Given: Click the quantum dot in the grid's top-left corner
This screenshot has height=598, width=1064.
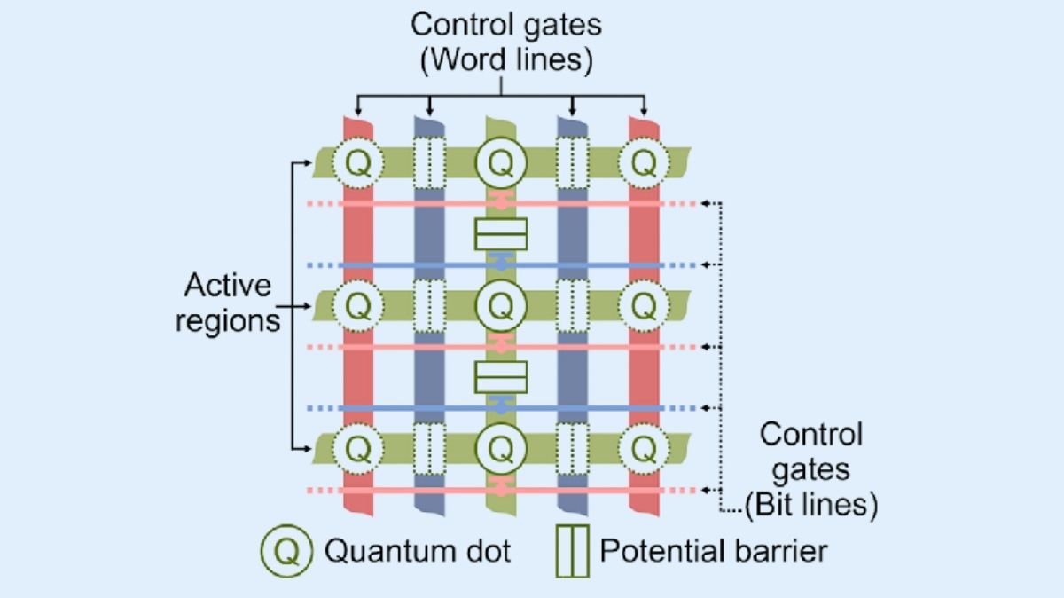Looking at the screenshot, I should click(x=358, y=162).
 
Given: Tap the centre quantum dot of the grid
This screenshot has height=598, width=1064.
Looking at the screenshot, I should click(x=501, y=306).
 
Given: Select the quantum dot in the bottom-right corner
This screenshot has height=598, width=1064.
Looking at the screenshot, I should click(x=644, y=450).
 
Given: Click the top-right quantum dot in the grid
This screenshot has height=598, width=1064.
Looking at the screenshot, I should click(x=644, y=162).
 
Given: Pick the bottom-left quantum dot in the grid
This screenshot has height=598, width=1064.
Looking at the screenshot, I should click(x=358, y=450).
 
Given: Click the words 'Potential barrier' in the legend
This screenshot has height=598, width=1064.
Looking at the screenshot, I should click(x=713, y=551).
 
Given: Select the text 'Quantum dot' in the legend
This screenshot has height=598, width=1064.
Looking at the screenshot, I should click(x=417, y=551).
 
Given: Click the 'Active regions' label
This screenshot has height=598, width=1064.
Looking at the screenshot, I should click(x=227, y=303).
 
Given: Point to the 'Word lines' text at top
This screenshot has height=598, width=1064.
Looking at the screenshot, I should click(x=505, y=59).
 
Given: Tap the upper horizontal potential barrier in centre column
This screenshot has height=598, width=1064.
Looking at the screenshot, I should click(x=501, y=234).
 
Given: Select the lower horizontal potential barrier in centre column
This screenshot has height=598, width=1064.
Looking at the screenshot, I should click(x=501, y=376).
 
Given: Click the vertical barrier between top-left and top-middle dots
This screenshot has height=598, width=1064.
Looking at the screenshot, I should click(x=429, y=162).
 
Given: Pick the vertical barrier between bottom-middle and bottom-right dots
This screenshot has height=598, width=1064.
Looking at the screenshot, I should click(x=573, y=450).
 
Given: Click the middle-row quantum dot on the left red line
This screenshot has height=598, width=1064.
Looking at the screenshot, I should click(x=358, y=306).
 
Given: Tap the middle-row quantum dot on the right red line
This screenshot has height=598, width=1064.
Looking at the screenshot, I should click(x=644, y=306).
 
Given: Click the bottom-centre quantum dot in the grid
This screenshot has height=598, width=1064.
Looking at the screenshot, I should click(x=501, y=450).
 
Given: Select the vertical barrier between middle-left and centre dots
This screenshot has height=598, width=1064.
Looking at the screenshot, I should click(x=429, y=306).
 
